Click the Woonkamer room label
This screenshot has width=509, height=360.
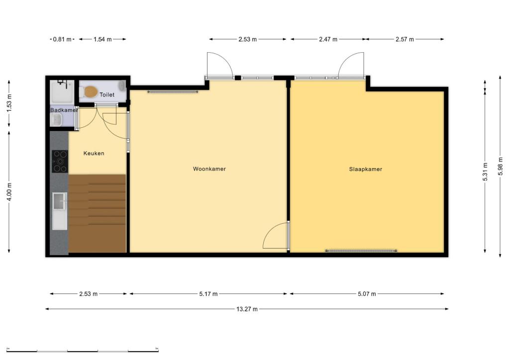coord(209,169)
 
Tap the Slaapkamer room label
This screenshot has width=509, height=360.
coord(366,169)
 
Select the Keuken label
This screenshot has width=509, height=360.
coord(94,153)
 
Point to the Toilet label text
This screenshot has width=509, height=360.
coord(107,94)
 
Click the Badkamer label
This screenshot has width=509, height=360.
coord(64,110)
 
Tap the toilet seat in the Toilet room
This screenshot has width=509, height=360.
coord(91,92)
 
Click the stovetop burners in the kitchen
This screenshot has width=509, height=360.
coord(60,161)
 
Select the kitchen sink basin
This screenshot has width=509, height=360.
coord(59,201)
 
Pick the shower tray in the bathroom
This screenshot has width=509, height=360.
coord(62,92)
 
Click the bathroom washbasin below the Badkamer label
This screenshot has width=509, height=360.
coord(56,120)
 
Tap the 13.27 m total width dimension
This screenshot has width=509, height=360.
coord(247,309)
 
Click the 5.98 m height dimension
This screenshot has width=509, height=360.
coord(500,166)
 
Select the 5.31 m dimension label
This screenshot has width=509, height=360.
coord(485,172)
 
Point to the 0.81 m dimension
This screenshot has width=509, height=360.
coord(62,39)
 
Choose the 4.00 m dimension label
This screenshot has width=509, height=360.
coord(9,192)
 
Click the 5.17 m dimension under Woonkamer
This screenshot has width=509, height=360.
coord(208,294)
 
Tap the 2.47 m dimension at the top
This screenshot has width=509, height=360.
coord(328,39)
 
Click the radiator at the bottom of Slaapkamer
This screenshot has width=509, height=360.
coord(361,251)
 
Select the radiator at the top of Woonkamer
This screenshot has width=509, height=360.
coord(173,92)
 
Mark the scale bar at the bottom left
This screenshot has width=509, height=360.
coord(83,351)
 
